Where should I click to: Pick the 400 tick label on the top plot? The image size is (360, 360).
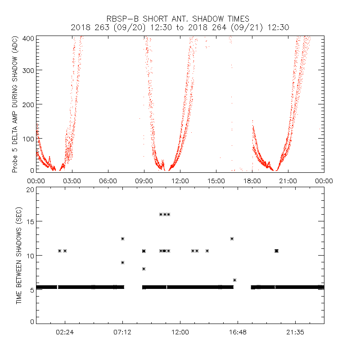pos(30,39)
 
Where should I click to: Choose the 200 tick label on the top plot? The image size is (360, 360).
pos(30,104)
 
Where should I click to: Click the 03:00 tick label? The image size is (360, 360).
pos(72,180)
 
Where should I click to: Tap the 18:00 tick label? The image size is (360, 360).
pos(252,180)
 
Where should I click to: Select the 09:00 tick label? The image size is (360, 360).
pos(144,180)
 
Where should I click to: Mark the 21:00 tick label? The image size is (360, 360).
pos(288,180)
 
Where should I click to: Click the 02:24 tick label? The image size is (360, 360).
pos(65,333)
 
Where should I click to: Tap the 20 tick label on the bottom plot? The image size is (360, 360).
pos(30,190)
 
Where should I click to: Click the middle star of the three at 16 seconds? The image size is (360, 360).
pos(165,214)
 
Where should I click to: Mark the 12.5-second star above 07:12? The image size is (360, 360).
pos(122,238)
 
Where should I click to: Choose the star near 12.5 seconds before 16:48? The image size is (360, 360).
pos(232,238)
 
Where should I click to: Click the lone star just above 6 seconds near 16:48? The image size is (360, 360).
pos(234,280)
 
